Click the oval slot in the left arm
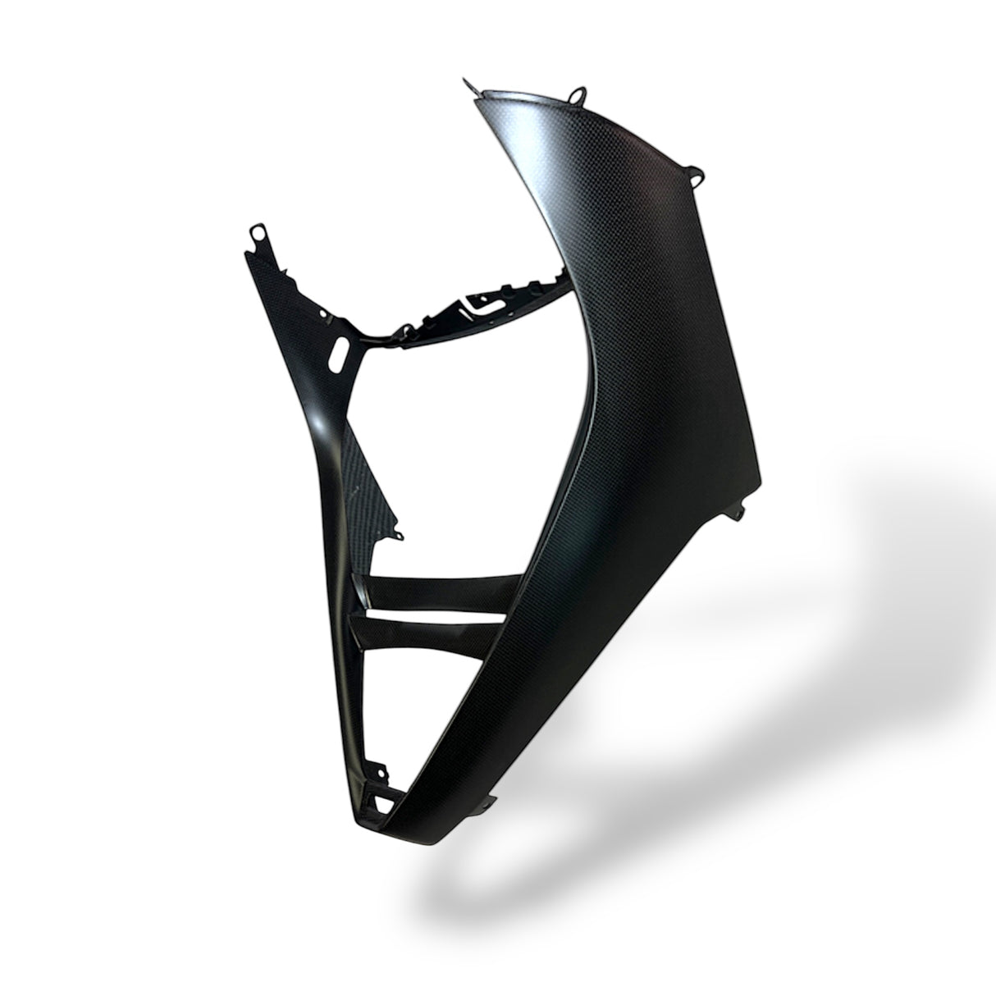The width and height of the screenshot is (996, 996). coord(339,359)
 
